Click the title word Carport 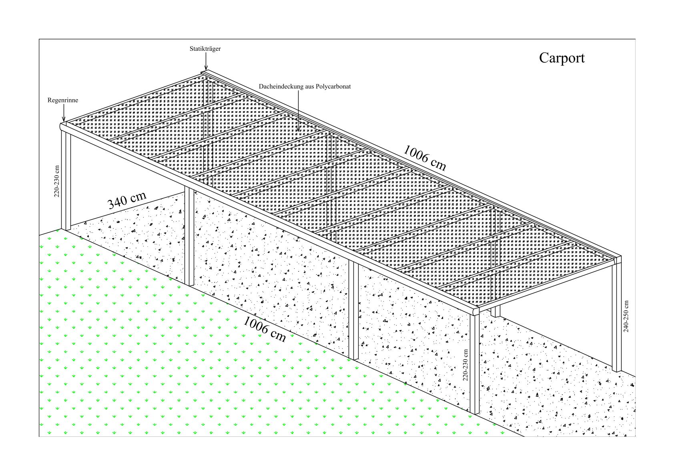coord(562,58)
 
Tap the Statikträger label coord(205,49)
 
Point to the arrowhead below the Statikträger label coord(206,68)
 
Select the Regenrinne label coord(63,100)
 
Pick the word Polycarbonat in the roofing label coord(333,86)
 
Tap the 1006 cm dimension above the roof coord(424,158)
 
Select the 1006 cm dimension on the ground coord(265,329)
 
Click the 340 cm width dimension coord(127,200)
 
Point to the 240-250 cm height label coord(626,316)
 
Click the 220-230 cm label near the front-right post coord(465,365)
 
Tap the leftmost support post coord(66,180)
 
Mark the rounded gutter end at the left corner coord(62,126)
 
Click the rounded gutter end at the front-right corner coord(475,311)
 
